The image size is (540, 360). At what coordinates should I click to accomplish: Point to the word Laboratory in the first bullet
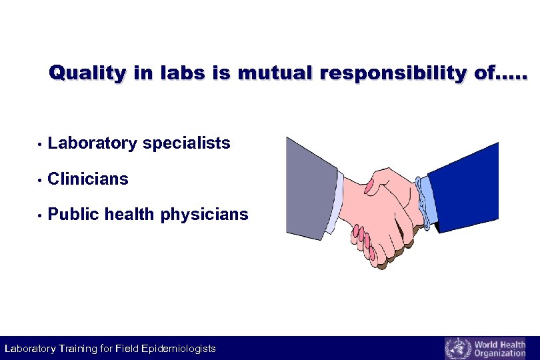[91, 143]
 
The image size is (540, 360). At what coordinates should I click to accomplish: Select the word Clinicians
[89, 179]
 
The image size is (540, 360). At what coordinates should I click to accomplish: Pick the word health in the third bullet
[129, 215]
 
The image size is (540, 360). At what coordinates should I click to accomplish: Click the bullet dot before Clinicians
[41, 180]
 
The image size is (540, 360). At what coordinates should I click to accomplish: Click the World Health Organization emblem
[457, 349]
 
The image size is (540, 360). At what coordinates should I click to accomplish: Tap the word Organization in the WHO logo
[499, 353]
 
